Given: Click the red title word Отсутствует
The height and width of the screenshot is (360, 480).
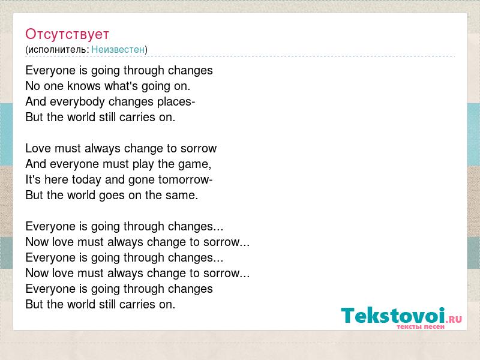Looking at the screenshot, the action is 67,34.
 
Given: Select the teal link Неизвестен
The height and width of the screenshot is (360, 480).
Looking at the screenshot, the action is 118,49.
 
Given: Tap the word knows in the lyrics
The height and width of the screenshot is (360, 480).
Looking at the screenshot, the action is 83,86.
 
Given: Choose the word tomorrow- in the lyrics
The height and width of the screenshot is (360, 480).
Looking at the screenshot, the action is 185,179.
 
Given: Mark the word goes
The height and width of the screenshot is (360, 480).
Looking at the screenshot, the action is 112,196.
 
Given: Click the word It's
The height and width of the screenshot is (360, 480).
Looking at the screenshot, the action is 33,179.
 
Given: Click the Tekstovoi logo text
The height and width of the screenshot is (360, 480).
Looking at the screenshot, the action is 393,316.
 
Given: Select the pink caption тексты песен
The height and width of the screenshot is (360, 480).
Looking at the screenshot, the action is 421,326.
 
